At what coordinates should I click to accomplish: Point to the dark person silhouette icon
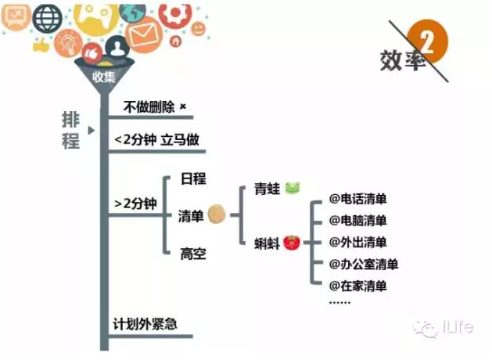117,48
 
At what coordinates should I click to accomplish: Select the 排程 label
71,130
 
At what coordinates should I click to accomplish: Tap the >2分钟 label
135,204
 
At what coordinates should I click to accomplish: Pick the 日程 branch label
192,178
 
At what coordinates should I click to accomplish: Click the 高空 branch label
192,254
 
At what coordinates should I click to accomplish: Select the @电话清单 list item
358,200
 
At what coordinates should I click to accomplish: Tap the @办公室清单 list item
363,265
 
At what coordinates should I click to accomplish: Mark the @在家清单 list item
358,286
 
